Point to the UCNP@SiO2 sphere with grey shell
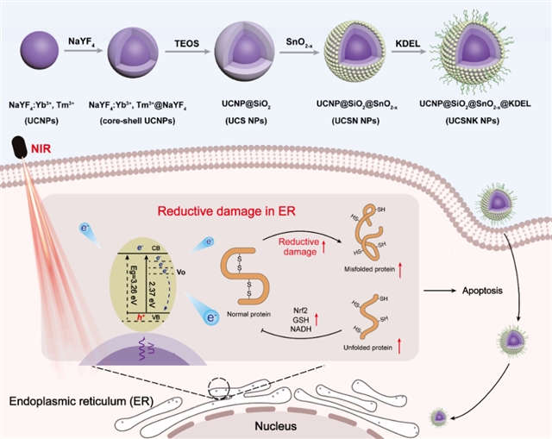(x=238, y=53)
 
